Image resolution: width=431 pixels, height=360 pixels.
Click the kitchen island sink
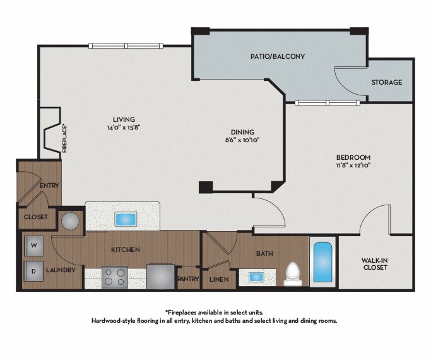point(126,219)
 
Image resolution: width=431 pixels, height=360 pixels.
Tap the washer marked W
point(34,246)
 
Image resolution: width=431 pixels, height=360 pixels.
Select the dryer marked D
point(34,271)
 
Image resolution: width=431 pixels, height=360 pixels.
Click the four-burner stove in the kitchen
point(115,277)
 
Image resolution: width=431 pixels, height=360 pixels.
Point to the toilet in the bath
point(292,274)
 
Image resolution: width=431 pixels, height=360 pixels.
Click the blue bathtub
point(322,262)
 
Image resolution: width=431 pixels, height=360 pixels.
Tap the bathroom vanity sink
point(256,277)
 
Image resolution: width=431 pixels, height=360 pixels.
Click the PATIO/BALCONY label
point(278,56)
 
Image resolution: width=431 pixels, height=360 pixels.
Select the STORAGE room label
point(386,82)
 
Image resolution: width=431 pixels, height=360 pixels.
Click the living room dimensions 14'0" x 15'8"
point(124,128)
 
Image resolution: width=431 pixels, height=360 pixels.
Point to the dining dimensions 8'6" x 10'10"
point(242,140)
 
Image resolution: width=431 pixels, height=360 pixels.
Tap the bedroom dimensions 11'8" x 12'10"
point(353,165)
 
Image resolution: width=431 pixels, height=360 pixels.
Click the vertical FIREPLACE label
point(64,139)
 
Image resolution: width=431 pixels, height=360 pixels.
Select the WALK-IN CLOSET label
point(374,264)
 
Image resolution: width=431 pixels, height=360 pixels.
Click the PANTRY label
point(188,279)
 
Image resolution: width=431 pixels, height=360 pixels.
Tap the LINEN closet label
point(219,279)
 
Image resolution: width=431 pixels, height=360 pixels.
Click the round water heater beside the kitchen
point(70,221)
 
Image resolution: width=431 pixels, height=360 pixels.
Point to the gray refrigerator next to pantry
point(160,277)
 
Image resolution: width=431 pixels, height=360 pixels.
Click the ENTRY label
point(49,186)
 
